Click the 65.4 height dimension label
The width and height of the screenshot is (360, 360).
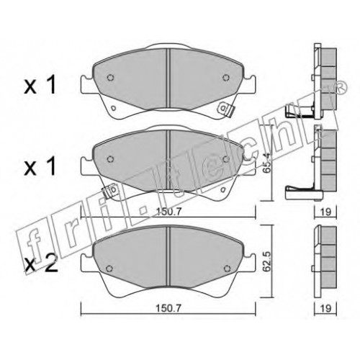pyautogui.click(x=266, y=166)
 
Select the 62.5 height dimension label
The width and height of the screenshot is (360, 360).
pyautogui.click(x=266, y=265)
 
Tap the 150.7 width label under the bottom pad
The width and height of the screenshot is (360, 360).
pyautogui.click(x=168, y=308)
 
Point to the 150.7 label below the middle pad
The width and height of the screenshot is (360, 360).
pyautogui.click(x=168, y=212)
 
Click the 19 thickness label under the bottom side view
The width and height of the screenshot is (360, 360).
pyautogui.click(x=325, y=308)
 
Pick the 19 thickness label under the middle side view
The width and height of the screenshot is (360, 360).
pyautogui.click(x=325, y=212)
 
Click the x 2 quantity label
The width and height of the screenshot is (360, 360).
pyautogui.click(x=41, y=264)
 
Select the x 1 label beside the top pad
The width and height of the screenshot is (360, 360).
pyautogui.click(x=40, y=84)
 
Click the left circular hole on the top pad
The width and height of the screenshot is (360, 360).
pyautogui.click(x=110, y=78)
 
